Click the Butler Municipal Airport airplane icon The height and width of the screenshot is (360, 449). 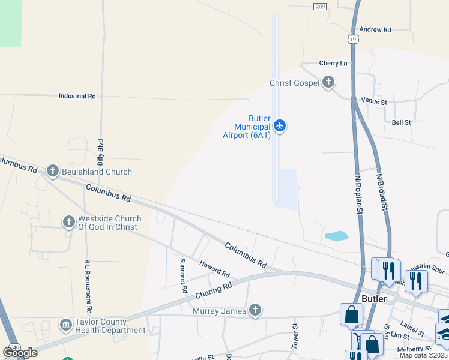coord(279,126)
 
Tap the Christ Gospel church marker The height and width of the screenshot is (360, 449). coord(328,83)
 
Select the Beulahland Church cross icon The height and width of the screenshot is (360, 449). coord(52,172)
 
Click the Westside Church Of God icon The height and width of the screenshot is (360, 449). coord(68,223)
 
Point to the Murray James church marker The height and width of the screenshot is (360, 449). coord(255,310)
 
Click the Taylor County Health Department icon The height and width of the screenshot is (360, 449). coord(65,325)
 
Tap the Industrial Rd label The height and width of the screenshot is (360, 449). coord(77,96)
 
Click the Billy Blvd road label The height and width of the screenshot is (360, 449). coord(101,152)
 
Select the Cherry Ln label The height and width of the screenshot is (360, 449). coord(333,63)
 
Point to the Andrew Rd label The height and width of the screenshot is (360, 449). coord(375,29)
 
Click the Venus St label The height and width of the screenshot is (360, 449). coord(374,102)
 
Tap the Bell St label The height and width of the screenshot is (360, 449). coord(401,122)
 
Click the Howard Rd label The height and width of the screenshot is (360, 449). coord(214,268)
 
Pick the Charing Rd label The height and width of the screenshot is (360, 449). coord(213,291)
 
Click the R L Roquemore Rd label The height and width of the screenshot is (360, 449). coord(88,286)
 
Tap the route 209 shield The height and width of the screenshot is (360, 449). coord(319,6)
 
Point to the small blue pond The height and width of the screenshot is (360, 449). coord(336,236)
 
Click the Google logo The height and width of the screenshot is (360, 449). coord(20,352)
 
